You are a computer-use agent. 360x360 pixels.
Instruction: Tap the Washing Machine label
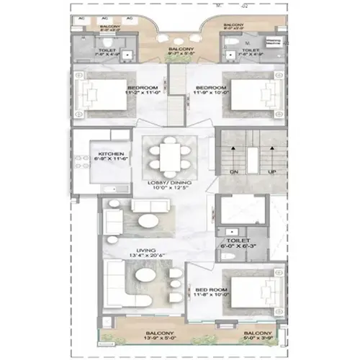pyautogui.click(x=273, y=42)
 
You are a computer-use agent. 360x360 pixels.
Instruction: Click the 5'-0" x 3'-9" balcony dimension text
pyautogui.click(x=258, y=338)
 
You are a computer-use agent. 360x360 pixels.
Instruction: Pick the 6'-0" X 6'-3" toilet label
pyautogui.click(x=238, y=246)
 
